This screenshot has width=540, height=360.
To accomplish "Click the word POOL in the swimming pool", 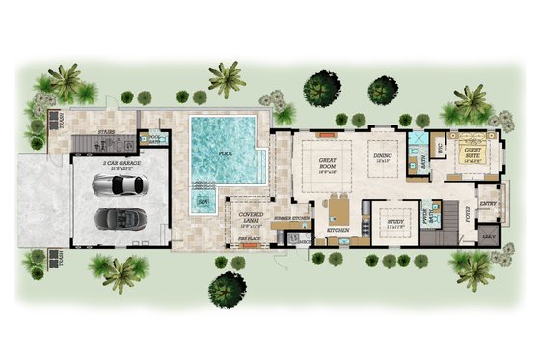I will pos(226,152).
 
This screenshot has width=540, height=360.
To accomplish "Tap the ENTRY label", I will pos(488,204).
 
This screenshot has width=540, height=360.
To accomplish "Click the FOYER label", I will pos(467,218).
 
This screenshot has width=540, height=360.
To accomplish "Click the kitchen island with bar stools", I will pos(340,208).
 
